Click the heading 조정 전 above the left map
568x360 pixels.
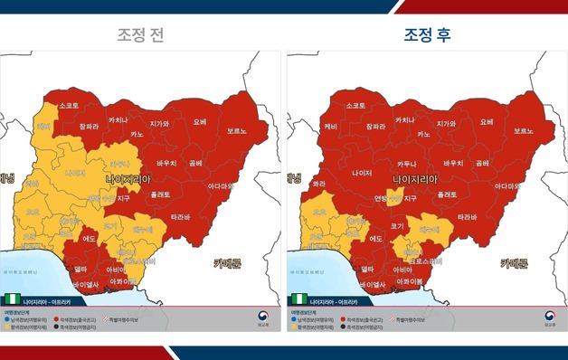pyautogui.click(x=140, y=35)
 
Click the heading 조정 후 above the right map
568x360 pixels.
pyautogui.click(x=428, y=35)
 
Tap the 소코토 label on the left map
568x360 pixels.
pyautogui.click(x=69, y=106)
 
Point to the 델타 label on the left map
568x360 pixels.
pyautogui.click(x=79, y=269)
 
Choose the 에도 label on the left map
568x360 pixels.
pyautogui.click(x=90, y=239)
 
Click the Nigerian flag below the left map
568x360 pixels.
pyautogui.click(x=13, y=298)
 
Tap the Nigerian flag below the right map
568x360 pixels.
pyautogui.click(x=298, y=298)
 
